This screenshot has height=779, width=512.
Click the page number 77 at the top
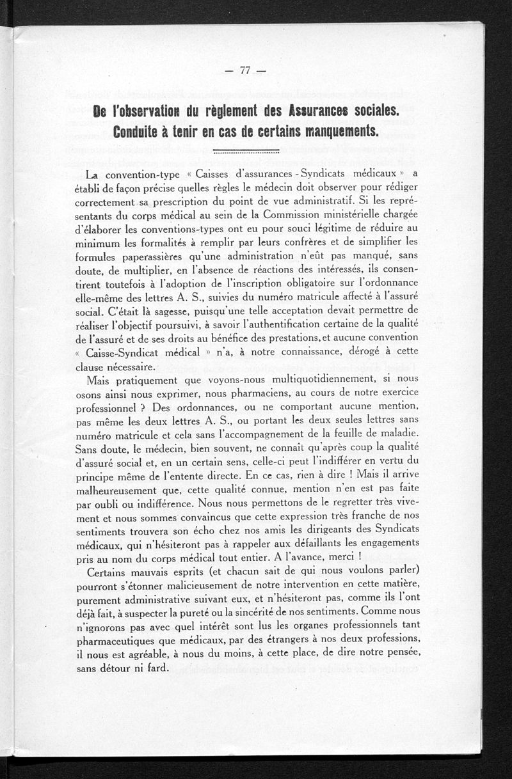click(243, 72)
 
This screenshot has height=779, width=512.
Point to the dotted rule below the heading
click(243, 152)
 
